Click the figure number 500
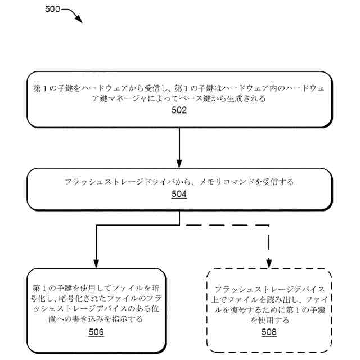tap(52, 10)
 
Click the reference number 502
tap(179, 110)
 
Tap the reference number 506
tap(96, 332)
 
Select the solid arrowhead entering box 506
tap(96, 263)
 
